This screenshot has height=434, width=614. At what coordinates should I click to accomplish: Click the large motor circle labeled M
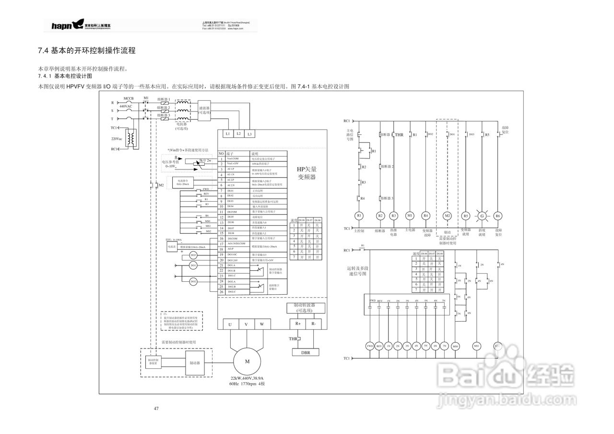pyautogui.click(x=247, y=361)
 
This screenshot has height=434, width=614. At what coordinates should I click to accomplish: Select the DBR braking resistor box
pyautogui.click(x=306, y=352)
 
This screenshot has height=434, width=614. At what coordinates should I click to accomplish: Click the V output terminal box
pyautogui.click(x=246, y=325)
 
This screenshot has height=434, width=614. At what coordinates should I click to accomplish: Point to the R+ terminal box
pyautogui.click(x=298, y=324)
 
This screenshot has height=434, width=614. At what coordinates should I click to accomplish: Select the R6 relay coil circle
pyautogui.click(x=497, y=216)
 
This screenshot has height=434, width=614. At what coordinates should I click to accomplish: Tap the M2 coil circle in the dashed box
pyautogui.click(x=447, y=216)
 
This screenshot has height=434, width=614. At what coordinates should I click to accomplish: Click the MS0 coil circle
pyautogui.click(x=456, y=346)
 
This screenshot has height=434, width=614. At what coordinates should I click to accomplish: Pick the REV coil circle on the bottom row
pyautogui.click(x=379, y=346)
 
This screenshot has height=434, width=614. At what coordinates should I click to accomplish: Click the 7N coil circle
pyautogui.click(x=445, y=346)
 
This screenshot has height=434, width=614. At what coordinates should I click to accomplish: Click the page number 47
pyautogui.click(x=156, y=409)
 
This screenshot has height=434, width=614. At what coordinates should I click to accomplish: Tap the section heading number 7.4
pyautogui.click(x=44, y=50)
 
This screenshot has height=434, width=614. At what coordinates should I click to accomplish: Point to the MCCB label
pyautogui.click(x=129, y=98)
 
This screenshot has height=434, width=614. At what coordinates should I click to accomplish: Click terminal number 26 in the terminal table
pyautogui.click(x=221, y=291)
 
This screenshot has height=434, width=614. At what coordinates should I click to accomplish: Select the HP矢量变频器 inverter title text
pyautogui.click(x=307, y=173)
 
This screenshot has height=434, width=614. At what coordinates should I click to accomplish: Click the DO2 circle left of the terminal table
pyautogui.click(x=193, y=265)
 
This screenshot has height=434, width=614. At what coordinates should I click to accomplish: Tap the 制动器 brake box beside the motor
pyautogui.click(x=195, y=363)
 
